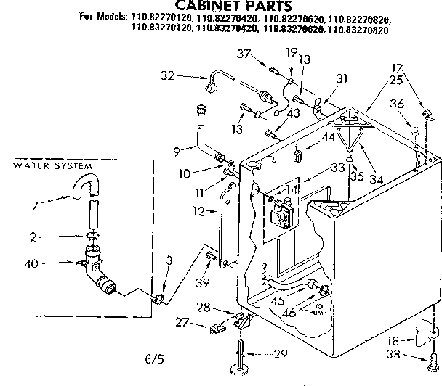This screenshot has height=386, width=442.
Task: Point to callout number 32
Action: pos(168,74)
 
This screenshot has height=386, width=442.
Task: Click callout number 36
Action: pos(397,104)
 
